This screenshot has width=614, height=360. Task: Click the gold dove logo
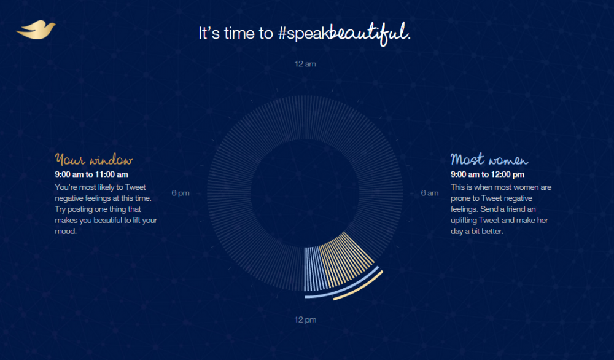[x=36, y=30]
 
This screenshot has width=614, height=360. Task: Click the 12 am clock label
[x=305, y=64]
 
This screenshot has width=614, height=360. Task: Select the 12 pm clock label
[x=305, y=319]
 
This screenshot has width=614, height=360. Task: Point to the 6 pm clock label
[x=181, y=193]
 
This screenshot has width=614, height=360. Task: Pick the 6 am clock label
[x=430, y=193]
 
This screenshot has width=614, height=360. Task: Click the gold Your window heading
[x=93, y=160]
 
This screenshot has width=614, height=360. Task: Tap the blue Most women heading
[x=489, y=159]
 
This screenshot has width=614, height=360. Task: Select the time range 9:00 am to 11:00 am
[x=91, y=174]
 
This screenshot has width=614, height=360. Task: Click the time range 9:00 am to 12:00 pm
[x=488, y=174]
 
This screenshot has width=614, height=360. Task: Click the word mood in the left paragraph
[x=64, y=231]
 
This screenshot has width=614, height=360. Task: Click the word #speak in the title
[x=303, y=34]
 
